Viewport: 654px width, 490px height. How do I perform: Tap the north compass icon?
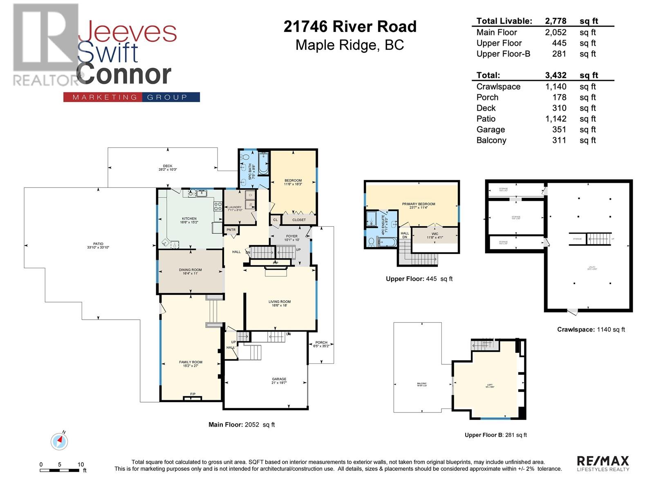(x=60, y=441)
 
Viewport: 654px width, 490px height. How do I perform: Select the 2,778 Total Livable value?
(x=555, y=21)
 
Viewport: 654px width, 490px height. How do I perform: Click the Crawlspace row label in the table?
(x=498, y=87)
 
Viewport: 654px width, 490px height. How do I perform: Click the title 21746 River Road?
(x=350, y=27)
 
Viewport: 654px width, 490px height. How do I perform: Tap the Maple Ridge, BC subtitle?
(x=350, y=45)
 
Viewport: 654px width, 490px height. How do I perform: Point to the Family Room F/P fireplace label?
(x=193, y=394)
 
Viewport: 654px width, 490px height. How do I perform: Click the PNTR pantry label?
(x=231, y=230)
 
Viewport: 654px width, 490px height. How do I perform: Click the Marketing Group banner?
(x=132, y=97)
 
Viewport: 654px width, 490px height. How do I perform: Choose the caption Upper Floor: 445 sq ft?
(x=419, y=279)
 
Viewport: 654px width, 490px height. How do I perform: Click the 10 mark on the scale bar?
(x=81, y=464)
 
